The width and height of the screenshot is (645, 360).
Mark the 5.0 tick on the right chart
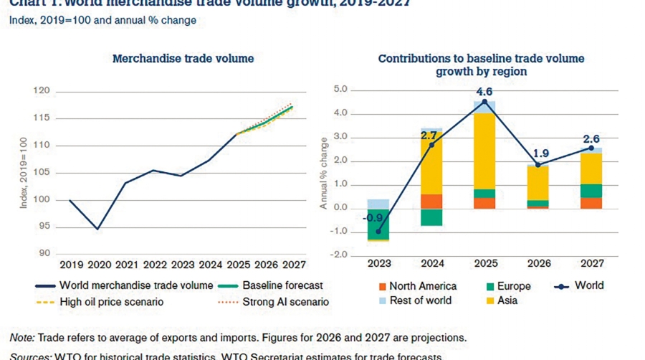pos(340,90)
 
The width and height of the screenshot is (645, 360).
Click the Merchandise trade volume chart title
pos(183,58)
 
